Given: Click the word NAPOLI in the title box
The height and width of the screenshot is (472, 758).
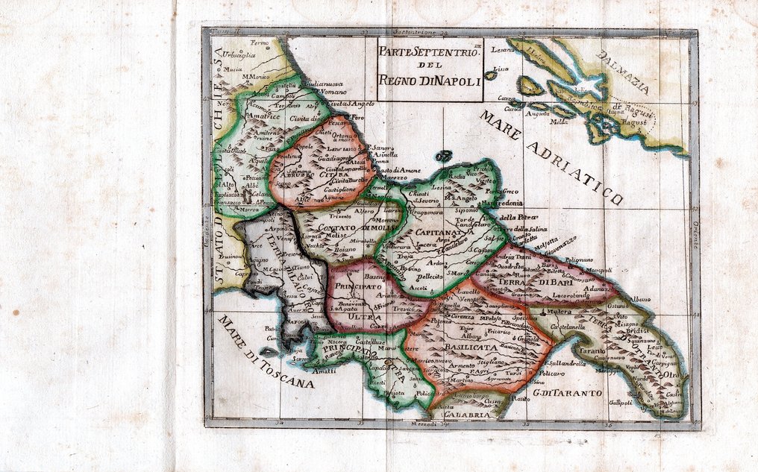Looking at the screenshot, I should (x=454, y=80).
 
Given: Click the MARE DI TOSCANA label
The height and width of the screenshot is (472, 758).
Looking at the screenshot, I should (x=266, y=353).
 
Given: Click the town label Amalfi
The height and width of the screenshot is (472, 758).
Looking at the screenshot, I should (x=325, y=371).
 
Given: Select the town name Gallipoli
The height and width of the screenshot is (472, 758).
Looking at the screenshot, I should (x=620, y=402).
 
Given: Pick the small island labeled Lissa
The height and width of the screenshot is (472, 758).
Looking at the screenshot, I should (x=501, y=69).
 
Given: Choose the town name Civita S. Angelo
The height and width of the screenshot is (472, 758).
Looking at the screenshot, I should (x=350, y=104).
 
